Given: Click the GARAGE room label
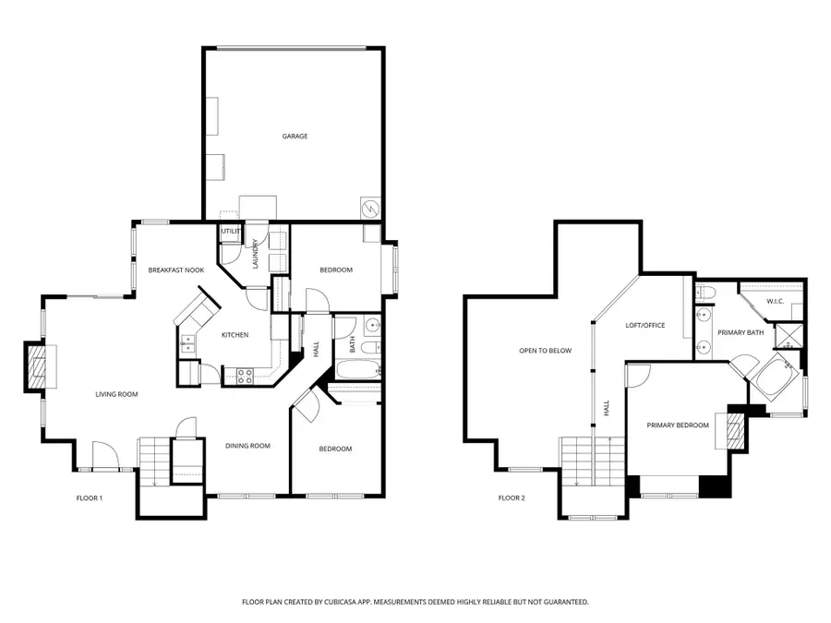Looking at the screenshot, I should pyautogui.click(x=295, y=137).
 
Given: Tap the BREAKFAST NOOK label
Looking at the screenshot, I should pyautogui.click(x=175, y=270).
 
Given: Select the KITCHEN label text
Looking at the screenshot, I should pyautogui.click(x=235, y=334).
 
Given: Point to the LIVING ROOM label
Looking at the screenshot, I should pyautogui.click(x=116, y=395).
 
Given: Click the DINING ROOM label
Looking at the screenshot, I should pyautogui.click(x=247, y=446).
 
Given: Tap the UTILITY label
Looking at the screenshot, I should pyautogui.click(x=229, y=231).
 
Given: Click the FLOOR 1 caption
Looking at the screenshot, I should pyautogui.click(x=89, y=498).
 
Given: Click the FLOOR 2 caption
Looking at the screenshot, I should pyautogui.click(x=511, y=498).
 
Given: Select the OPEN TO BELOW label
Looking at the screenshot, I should pyautogui.click(x=545, y=351).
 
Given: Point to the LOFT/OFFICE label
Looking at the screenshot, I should pyautogui.click(x=645, y=325).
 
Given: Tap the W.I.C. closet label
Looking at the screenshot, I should pyautogui.click(x=776, y=301).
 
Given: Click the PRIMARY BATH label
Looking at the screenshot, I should pyautogui.click(x=741, y=332).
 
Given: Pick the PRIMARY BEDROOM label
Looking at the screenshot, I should pyautogui.click(x=678, y=425).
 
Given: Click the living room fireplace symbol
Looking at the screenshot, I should pyautogui.click(x=35, y=367).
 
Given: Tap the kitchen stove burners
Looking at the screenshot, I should pyautogui.click(x=247, y=376).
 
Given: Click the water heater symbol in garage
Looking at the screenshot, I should pyautogui.click(x=369, y=209).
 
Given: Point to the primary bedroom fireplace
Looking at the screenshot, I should pyautogui.click(x=735, y=429).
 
